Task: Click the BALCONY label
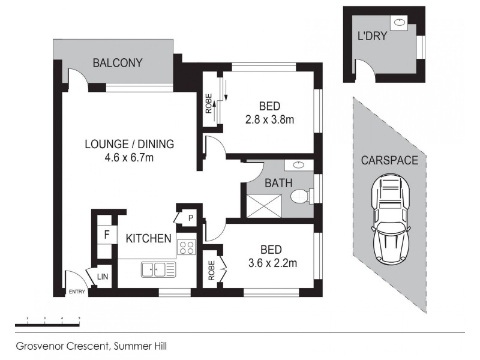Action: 118,63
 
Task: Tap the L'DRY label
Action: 372,36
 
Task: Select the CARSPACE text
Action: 389,160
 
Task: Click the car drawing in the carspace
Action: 391,220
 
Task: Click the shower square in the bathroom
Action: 263,205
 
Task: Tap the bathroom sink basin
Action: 299,166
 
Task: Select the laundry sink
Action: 399,22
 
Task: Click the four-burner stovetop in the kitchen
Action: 187,247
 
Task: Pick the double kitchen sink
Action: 158,269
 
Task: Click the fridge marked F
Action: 107,235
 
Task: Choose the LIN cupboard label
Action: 103,277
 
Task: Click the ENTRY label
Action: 77,292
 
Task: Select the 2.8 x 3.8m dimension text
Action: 269,119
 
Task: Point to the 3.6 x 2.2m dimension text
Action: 272,263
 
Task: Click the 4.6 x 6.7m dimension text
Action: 129,158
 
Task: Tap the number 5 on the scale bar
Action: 79,318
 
